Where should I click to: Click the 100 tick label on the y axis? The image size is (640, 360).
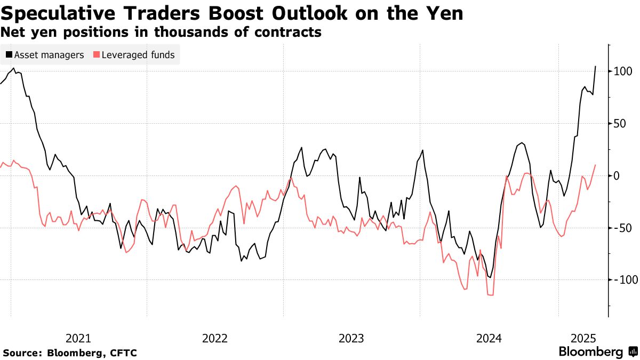pyautogui.click(x=623, y=71)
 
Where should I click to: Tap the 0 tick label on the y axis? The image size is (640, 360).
pyautogui.click(x=618, y=175)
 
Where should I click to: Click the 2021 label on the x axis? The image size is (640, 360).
pyautogui.click(x=78, y=338)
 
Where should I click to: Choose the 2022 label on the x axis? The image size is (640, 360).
pyautogui.click(x=215, y=338)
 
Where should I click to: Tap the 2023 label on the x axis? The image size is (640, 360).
pyautogui.click(x=351, y=338)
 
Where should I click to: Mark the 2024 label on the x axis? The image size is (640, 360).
pyautogui.click(x=489, y=338)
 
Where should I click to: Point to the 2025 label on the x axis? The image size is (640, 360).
pyautogui.click(x=583, y=338)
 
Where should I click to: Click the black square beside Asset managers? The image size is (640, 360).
pyautogui.click(x=9, y=55)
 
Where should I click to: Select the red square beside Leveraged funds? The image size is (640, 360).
pyautogui.click(x=96, y=55)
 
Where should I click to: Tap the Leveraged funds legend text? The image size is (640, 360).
pyautogui.click(x=138, y=55)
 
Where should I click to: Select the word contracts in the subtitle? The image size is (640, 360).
pyautogui.click(x=290, y=32)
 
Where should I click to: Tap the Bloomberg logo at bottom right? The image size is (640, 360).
pyautogui.click(x=597, y=352)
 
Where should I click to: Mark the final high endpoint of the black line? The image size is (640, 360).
pyautogui.click(x=595, y=66)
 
